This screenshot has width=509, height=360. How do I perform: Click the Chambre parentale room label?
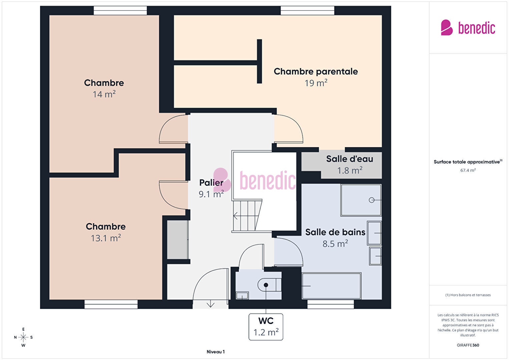(316, 71)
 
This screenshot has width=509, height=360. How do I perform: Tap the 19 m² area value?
(316, 83)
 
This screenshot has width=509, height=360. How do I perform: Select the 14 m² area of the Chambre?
(104, 94)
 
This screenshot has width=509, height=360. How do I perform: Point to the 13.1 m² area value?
(106, 238)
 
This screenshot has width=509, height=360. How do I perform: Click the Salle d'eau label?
(350, 159)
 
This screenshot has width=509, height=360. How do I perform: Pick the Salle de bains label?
(335, 232)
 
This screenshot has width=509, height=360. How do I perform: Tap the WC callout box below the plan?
(266, 327)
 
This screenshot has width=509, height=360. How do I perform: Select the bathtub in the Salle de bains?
(332, 286)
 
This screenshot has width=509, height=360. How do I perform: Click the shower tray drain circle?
(372, 200)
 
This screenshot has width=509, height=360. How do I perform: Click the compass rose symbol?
(23, 337)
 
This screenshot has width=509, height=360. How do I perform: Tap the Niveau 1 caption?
(216, 352)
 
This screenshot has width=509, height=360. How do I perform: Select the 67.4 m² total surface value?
(468, 170)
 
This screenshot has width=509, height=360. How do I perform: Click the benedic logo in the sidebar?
(468, 28)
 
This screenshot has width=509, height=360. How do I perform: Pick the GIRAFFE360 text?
(468, 345)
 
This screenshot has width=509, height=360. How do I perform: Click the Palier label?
(211, 183)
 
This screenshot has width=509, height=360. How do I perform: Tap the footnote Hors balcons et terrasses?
(468, 295)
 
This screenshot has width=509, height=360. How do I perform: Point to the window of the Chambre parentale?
(308, 10)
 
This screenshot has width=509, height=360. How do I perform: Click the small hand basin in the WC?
(242, 296)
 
